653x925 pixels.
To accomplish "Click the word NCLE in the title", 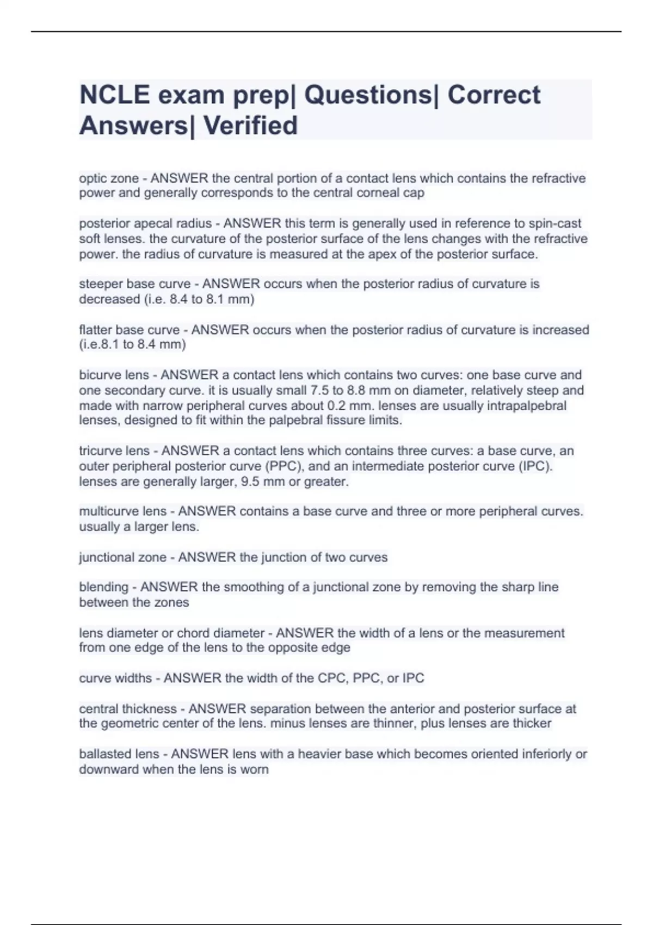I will (x=114, y=95).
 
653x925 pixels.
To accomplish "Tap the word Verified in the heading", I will (x=251, y=126).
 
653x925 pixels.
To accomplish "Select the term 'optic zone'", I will (x=109, y=178).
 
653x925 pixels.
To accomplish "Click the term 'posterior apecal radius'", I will (x=145, y=224).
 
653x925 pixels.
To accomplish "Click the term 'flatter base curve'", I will (x=129, y=330).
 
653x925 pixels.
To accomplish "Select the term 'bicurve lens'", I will (x=114, y=375).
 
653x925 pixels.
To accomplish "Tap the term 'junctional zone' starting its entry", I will (x=122, y=558).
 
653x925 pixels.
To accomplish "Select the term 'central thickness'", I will (x=128, y=709).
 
